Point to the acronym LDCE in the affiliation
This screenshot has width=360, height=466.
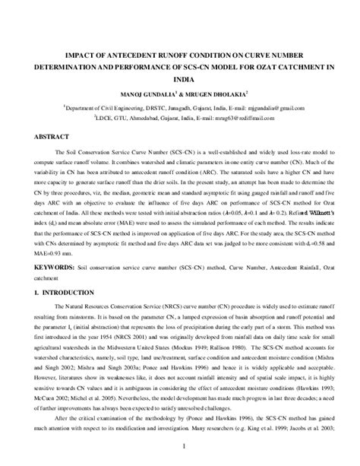tap(106, 120)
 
